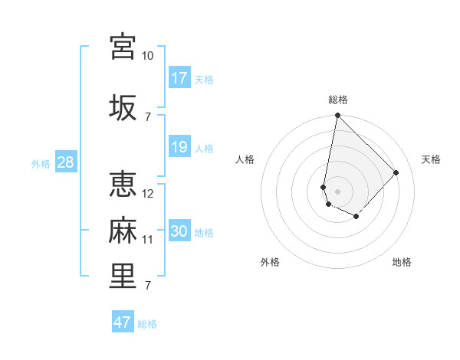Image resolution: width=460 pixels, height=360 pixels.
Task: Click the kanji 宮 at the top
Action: (x=123, y=47)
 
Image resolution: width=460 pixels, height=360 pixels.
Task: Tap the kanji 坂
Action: (x=123, y=106)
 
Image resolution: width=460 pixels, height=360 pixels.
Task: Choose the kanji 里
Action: (x=123, y=276)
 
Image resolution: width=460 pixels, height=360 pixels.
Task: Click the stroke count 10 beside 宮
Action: (x=147, y=56)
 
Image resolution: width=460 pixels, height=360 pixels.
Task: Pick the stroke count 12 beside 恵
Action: (x=148, y=194)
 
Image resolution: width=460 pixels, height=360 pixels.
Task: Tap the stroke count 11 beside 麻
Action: (x=148, y=240)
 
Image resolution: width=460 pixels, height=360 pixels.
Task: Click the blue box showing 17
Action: (x=179, y=77)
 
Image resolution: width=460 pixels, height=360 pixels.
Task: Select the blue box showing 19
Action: (x=179, y=146)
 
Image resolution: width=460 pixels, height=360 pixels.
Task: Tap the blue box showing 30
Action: (x=179, y=231)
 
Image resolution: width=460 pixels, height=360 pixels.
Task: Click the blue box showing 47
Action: (x=122, y=322)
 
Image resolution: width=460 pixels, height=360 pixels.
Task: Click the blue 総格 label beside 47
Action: (x=147, y=324)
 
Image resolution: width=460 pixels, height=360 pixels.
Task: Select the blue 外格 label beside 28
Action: (x=41, y=163)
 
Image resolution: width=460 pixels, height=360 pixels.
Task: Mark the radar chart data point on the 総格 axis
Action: (x=337, y=116)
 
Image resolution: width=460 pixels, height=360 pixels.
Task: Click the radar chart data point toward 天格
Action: (x=396, y=172)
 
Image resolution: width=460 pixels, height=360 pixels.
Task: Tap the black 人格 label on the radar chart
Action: (x=245, y=159)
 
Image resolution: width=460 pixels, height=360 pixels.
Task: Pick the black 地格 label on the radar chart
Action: (x=402, y=262)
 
